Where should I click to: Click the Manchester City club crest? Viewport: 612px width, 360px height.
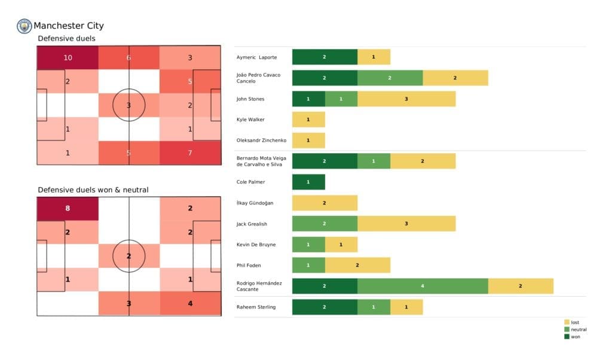[25, 26]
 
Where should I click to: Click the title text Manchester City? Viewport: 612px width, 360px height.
[69, 26]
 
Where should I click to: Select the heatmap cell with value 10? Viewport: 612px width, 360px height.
[68, 58]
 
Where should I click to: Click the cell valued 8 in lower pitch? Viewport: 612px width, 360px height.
[68, 209]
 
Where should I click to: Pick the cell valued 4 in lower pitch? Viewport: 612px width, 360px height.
[190, 303]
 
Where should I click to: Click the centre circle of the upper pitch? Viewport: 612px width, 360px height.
[128, 105]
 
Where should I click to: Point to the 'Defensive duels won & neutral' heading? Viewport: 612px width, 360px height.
[93, 190]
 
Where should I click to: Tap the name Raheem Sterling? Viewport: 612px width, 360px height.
[256, 307]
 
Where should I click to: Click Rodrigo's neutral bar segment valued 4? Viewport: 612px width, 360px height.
[423, 286]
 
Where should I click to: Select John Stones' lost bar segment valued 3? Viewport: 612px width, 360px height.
[406, 99]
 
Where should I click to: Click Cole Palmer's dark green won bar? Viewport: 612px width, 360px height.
[308, 182]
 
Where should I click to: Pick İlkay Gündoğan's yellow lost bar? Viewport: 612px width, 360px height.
[325, 203]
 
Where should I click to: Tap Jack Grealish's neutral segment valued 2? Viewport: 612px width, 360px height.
[325, 224]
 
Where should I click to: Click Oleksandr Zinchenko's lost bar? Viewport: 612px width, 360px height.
[308, 140]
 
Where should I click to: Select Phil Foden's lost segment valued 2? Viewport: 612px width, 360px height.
[357, 265]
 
